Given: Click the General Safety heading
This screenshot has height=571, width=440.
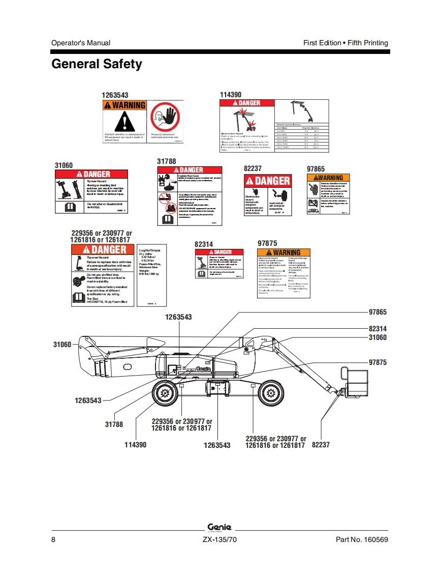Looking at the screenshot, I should click(97, 64).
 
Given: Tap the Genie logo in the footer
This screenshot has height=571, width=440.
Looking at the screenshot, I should click(219, 527).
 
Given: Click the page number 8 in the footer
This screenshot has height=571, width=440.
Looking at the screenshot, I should click(54, 539).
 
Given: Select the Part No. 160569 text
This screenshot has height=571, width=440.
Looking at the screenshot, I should click(362, 539).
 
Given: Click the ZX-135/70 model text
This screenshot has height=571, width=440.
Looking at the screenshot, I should click(219, 539).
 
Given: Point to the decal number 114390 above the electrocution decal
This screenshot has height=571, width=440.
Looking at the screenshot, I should click(231, 95).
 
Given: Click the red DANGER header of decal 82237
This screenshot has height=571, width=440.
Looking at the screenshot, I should click(268, 181).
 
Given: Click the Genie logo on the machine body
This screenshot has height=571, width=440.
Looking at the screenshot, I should click(203, 369).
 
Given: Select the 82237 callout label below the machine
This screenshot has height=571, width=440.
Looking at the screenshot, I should click(321, 445).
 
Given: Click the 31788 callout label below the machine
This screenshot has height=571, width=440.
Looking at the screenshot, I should click(114, 424).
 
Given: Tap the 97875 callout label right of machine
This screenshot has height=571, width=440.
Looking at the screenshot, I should click(378, 362).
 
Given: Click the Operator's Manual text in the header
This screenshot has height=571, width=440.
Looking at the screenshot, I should click(81, 43).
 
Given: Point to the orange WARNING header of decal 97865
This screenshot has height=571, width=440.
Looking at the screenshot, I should click(328, 178).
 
